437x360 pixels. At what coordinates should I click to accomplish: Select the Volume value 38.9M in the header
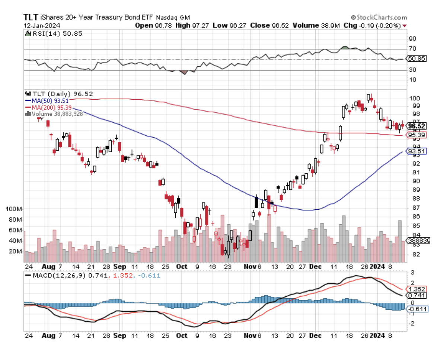click(334, 25)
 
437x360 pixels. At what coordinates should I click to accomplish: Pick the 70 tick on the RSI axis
click(412, 49)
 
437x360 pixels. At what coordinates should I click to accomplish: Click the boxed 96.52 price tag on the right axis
click(416, 126)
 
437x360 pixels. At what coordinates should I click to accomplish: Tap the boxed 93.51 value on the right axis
click(416, 151)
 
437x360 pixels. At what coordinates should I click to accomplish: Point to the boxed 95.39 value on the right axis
click(416, 135)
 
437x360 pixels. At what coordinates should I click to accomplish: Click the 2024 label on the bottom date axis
click(379, 336)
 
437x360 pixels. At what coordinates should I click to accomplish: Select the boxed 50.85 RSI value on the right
click(417, 59)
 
